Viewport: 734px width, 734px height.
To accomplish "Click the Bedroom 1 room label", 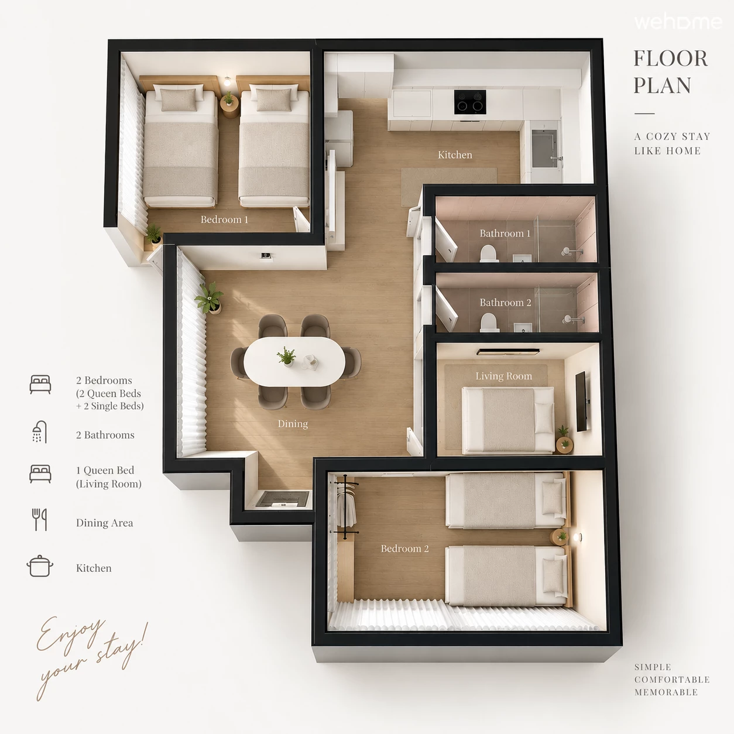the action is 224,219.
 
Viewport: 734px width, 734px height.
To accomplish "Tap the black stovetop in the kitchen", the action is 469,102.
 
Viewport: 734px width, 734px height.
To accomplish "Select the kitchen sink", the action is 545,148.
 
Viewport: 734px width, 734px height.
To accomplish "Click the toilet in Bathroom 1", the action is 489,253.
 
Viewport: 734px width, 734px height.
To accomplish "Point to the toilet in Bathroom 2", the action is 489,323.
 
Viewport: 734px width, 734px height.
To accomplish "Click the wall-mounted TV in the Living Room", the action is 581,402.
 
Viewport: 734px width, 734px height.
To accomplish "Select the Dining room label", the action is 293,424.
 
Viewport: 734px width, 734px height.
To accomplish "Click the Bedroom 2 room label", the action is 404,548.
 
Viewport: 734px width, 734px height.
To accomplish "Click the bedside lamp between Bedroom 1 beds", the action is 227,81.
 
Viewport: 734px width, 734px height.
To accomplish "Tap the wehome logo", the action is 678,22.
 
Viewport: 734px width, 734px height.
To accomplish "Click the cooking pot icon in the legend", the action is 40,566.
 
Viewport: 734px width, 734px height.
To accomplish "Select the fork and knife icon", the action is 40,520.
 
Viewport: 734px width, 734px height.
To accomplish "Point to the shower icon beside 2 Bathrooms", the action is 40,432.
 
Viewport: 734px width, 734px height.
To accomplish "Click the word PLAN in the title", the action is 662,85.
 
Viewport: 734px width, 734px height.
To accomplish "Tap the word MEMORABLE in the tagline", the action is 666,692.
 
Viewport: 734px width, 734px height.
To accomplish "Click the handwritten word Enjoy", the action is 70,635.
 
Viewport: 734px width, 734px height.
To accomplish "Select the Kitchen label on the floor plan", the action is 455,155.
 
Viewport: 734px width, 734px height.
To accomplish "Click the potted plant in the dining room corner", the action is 210,299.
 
